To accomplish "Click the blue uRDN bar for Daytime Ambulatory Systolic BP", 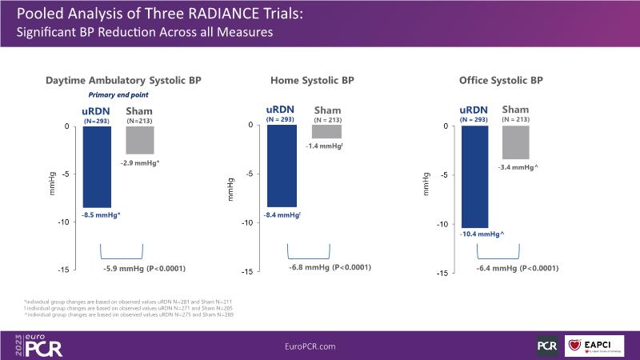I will click(97, 166).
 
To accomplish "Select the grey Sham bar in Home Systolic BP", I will click(326, 132).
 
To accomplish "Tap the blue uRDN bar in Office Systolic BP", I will click(474, 176).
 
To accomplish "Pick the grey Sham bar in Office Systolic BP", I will click(516, 142).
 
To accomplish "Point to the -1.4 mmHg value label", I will click(324, 146).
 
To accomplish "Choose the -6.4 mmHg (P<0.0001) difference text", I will click(517, 268).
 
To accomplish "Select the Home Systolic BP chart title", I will click(312, 81).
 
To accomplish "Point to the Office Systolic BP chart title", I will click(502, 81).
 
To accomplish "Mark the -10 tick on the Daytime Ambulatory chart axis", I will click(68, 222).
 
